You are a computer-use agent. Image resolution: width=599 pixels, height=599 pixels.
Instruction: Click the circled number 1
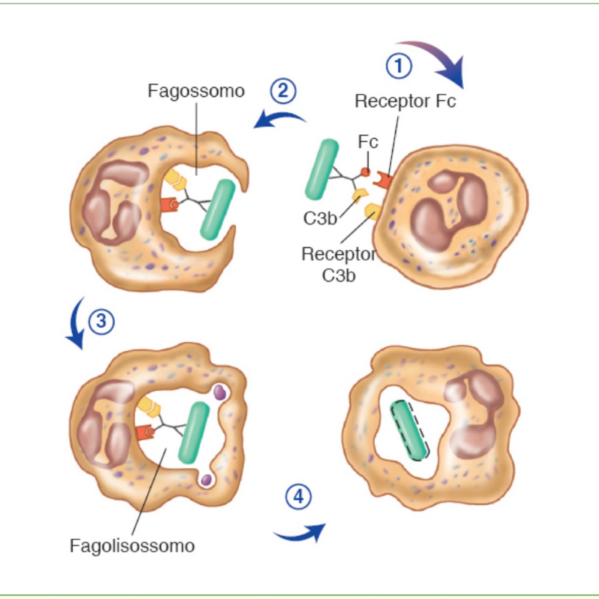399,66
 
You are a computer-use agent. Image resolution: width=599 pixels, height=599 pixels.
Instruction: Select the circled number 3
101,322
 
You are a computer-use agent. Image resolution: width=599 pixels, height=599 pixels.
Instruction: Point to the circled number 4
299,497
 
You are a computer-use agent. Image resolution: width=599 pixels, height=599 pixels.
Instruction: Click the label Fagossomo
196,91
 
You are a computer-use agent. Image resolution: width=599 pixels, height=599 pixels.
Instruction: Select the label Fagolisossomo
132,546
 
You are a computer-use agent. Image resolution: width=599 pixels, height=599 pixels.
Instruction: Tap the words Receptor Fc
405,101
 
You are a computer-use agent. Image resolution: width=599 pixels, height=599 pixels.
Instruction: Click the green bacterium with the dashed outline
409,430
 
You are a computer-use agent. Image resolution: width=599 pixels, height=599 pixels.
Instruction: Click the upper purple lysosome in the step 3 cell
220,392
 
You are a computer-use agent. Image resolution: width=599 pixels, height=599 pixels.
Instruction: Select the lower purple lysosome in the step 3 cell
206,480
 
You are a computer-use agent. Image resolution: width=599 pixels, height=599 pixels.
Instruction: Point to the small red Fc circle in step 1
366,172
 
